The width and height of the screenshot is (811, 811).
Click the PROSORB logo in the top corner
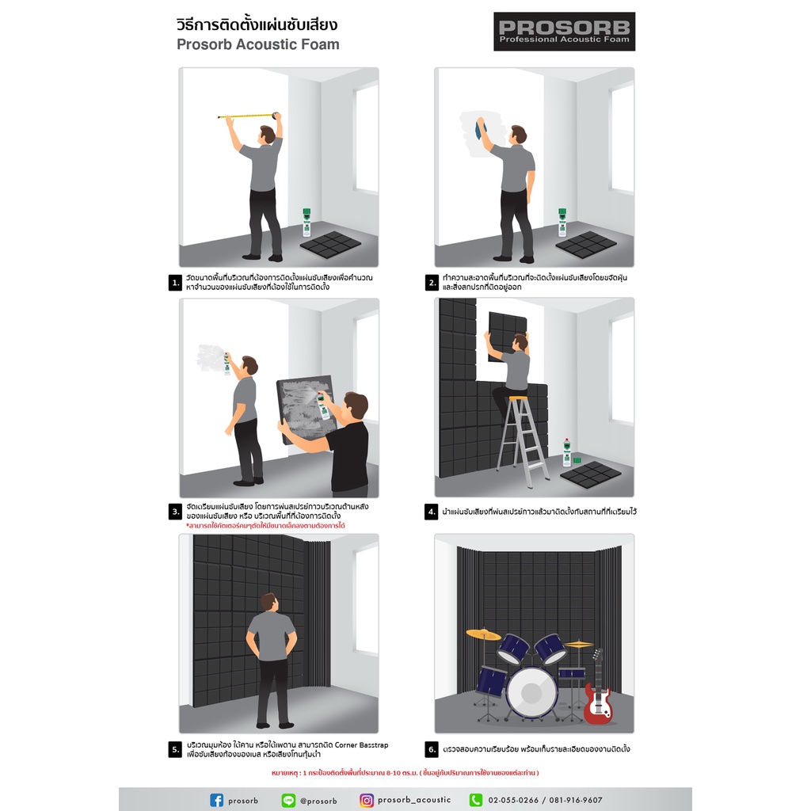564,32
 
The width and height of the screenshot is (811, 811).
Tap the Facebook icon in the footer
217,800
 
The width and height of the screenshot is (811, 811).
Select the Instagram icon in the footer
366,800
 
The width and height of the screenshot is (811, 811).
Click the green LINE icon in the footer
288,800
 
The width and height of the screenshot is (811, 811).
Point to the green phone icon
475,800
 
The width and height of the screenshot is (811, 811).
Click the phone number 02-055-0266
513,800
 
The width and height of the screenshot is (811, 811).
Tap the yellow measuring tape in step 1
248,116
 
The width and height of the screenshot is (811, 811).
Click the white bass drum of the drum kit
531,692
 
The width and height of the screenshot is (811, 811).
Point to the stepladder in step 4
522,440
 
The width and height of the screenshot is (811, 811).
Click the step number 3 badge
175,512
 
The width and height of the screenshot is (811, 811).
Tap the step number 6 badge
432,749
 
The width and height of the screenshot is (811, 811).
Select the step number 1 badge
175,283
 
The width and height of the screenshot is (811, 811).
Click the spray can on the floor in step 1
307,223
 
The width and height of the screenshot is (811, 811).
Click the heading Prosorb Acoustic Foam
258,44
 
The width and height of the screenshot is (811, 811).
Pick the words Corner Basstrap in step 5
361,744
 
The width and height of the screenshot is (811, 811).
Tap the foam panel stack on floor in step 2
586,244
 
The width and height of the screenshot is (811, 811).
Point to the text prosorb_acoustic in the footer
414,800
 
